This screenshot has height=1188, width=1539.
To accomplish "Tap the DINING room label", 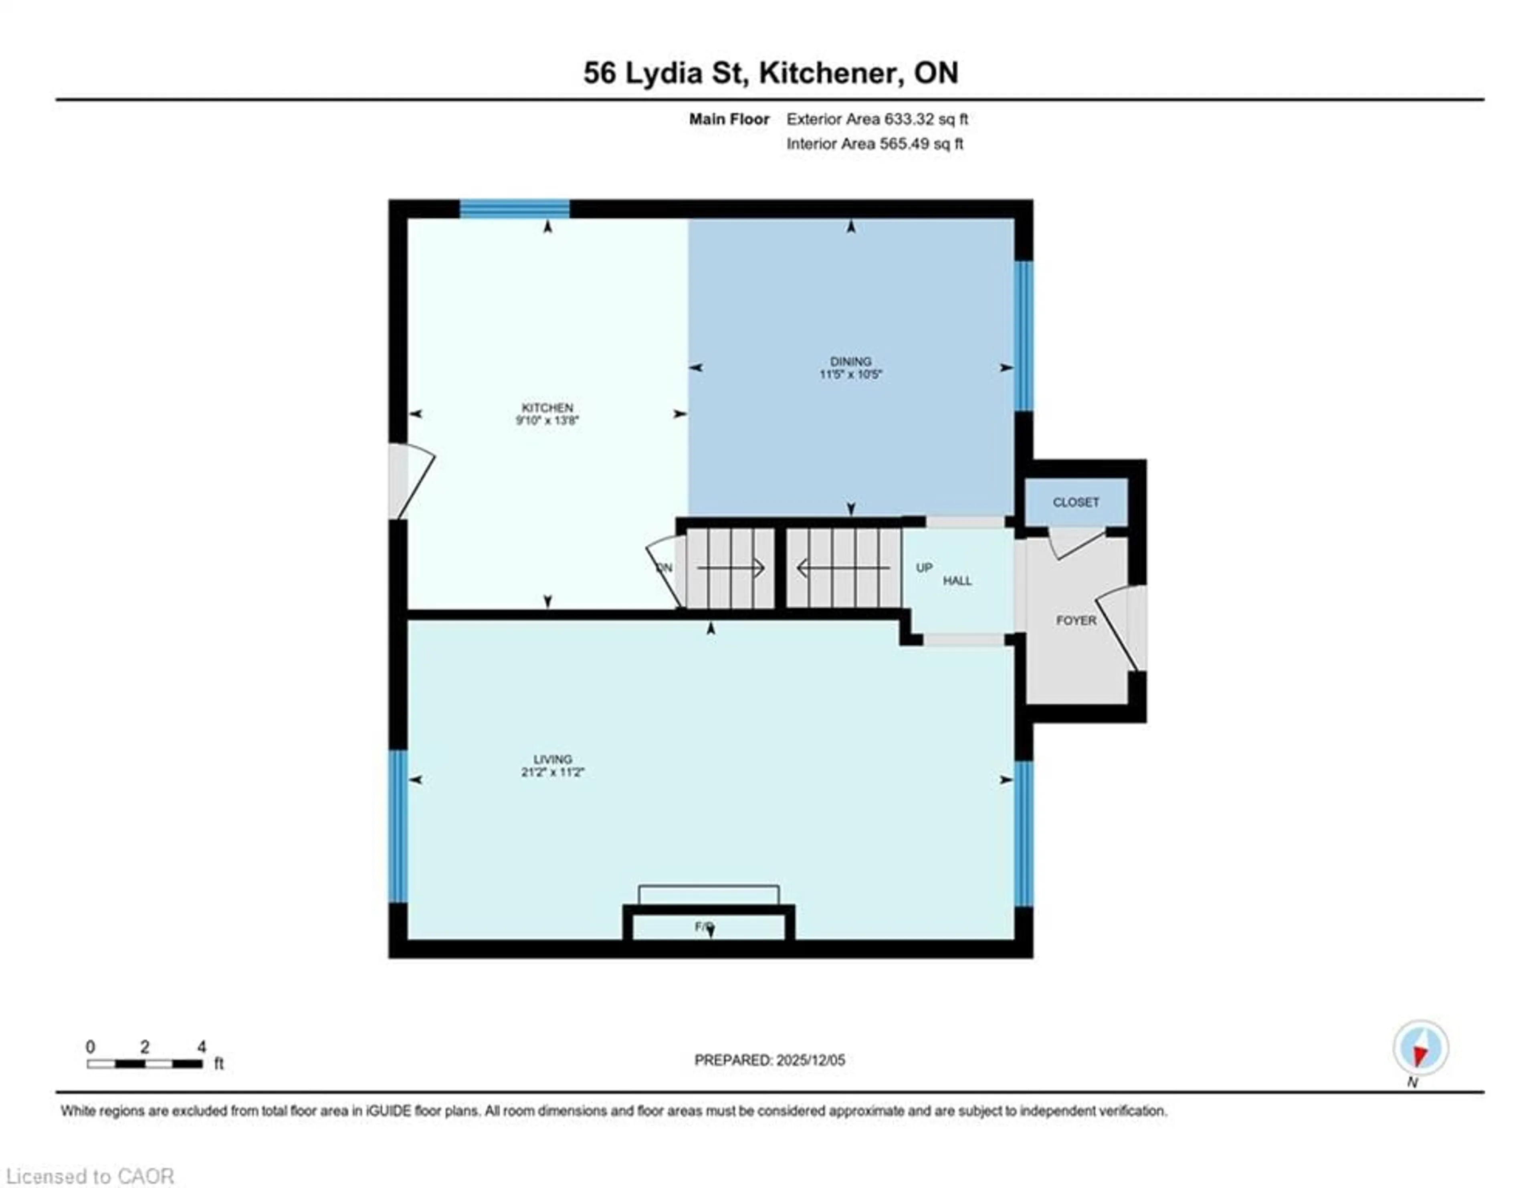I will [x=850, y=361].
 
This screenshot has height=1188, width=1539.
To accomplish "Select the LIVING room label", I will [x=552, y=759].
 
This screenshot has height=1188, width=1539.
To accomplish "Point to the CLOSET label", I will [x=1075, y=502].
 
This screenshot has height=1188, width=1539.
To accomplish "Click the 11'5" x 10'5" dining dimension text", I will [x=850, y=374].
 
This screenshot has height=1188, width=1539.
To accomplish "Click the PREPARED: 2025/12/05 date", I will [x=769, y=1060].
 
